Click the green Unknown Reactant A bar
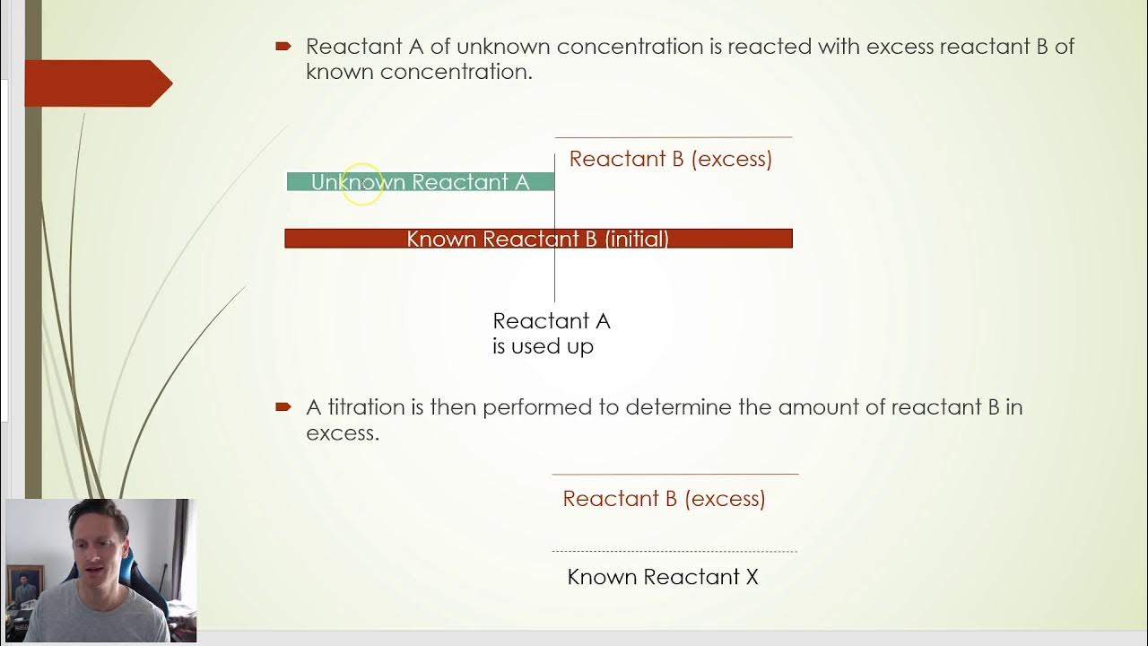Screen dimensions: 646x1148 click(x=420, y=182)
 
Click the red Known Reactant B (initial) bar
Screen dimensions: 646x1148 click(x=538, y=239)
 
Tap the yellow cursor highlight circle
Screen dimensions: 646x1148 click(x=362, y=185)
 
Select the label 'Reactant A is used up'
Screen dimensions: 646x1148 click(x=551, y=334)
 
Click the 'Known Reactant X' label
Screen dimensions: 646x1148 click(x=663, y=577)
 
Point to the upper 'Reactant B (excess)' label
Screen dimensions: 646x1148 click(x=670, y=160)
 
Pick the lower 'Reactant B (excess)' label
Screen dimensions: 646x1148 click(x=664, y=499)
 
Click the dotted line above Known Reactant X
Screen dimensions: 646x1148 click(x=674, y=552)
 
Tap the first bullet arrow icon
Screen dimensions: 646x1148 click(x=283, y=46)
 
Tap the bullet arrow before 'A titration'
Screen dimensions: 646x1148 click(x=283, y=407)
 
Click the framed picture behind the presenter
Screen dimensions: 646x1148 click(x=24, y=587)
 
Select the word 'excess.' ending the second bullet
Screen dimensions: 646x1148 click(x=342, y=433)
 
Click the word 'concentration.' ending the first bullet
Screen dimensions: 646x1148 click(x=456, y=72)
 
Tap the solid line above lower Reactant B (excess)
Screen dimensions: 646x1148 click(x=674, y=474)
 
